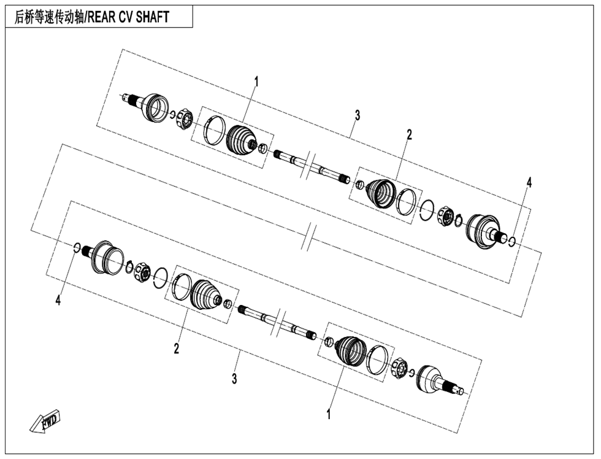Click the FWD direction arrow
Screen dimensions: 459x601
coord(45,422)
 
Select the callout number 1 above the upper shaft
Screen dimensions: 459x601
coord(257,81)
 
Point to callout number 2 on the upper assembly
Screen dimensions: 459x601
coord(409,134)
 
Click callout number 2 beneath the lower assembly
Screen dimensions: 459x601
coord(176,349)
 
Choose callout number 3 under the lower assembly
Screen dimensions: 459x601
coord(234,379)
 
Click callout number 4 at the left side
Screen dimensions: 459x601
coord(58,300)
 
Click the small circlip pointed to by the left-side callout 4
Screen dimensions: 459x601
coord(77,248)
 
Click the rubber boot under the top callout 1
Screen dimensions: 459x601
coord(240,140)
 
